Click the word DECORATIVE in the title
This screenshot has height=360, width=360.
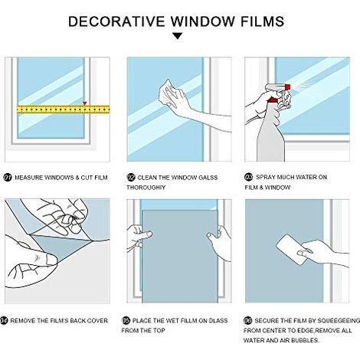pyautogui.click(x=116, y=21)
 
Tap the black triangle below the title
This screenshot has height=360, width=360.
pyautogui.click(x=178, y=36)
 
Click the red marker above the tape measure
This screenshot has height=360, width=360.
pyautogui.click(x=85, y=103)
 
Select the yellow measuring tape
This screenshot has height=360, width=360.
pyautogui.click(x=63, y=110)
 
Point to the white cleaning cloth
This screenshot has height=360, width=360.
pyautogui.click(x=167, y=93)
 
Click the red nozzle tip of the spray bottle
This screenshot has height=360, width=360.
pyautogui.click(x=288, y=87)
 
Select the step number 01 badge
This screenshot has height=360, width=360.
pyautogui.click(x=8, y=178)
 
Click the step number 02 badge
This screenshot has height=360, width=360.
pyautogui.click(x=131, y=178)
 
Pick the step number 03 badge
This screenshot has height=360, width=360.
pyautogui.click(x=248, y=177)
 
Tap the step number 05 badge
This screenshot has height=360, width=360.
pyautogui.click(x=126, y=320)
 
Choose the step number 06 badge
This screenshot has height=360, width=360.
pyautogui.click(x=248, y=320)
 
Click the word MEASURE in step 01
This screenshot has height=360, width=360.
pyautogui.click(x=28, y=178)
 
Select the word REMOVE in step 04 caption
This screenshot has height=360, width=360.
pyautogui.click(x=23, y=320)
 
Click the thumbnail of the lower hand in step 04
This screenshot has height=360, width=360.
pyautogui.click(x=51, y=260)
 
